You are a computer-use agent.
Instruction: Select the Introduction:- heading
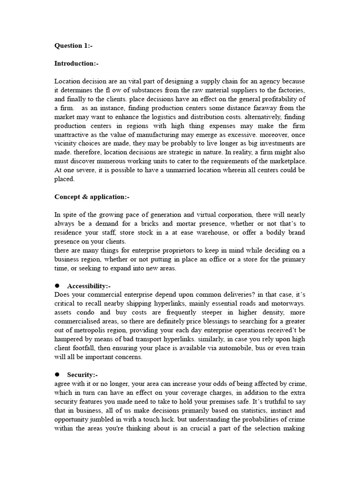point(76,63)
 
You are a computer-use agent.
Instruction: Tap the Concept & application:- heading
point(88,196)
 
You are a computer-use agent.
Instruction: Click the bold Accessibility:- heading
point(89,285)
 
